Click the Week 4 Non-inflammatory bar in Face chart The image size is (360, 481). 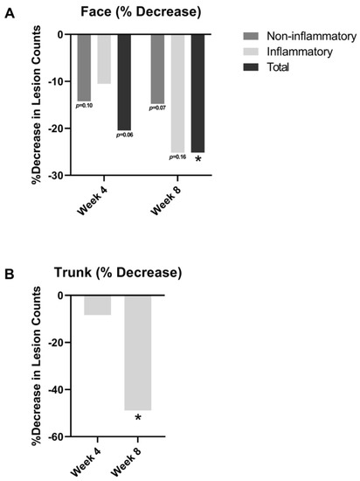(x=84, y=67)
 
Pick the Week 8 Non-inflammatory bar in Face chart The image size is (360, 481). (x=157, y=68)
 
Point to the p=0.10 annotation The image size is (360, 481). (x=84, y=106)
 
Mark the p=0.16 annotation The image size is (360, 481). (x=177, y=157)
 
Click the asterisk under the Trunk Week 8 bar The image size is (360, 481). (x=137, y=418)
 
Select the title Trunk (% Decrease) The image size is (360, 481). (x=126, y=273)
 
